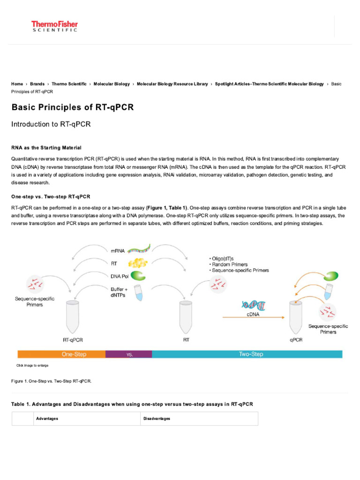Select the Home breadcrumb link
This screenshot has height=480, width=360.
click(17, 84)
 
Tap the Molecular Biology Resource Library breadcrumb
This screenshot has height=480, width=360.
click(172, 84)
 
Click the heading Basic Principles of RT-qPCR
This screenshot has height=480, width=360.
click(73, 107)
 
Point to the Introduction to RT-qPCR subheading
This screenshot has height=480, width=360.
click(51, 124)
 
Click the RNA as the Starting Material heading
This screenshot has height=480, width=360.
click(46, 148)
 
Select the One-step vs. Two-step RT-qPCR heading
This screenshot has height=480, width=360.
click(51, 196)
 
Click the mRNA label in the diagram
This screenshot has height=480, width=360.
click(118, 250)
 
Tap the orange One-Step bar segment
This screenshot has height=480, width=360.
click(61, 354)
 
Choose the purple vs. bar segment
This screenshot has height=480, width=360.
click(129, 354)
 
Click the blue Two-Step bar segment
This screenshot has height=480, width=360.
click(250, 354)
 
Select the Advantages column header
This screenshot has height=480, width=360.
click(47, 419)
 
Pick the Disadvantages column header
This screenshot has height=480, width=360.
click(157, 419)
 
